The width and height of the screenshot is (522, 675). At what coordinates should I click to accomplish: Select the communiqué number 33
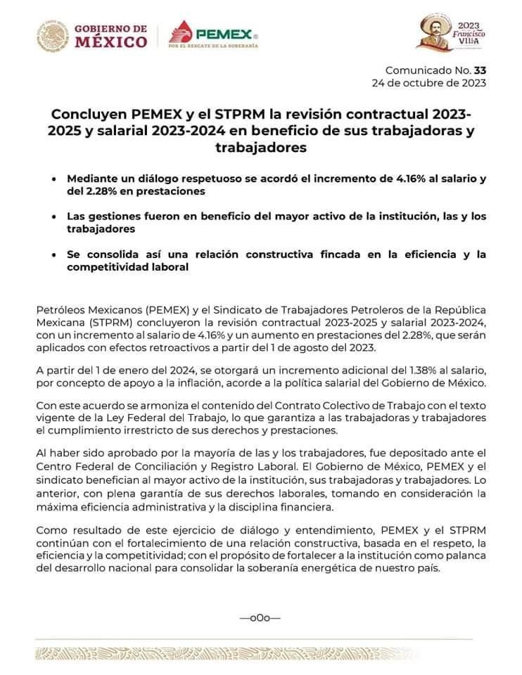(480, 70)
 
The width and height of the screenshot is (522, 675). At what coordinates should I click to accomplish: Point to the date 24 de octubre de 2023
(428, 83)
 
